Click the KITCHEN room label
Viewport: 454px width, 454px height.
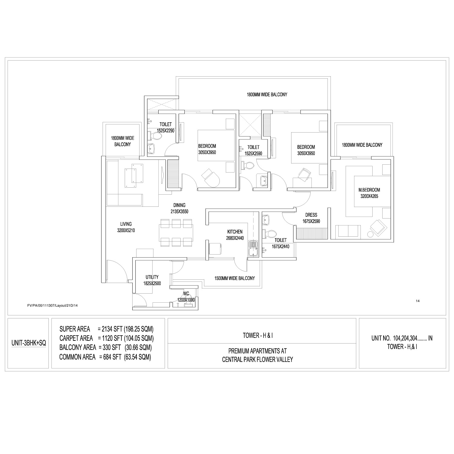[x=235, y=232]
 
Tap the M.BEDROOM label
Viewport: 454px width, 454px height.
[x=369, y=190]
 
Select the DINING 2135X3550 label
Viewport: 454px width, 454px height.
[x=179, y=208]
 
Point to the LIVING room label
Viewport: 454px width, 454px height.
[x=126, y=224]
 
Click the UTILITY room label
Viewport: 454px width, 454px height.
[x=152, y=277]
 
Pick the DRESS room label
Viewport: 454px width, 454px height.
[x=311, y=215]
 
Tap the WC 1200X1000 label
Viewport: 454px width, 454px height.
[x=186, y=297]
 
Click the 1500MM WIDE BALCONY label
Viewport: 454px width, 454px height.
[x=235, y=278]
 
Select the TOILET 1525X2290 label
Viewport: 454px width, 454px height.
[x=166, y=127]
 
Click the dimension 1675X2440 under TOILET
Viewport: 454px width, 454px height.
[x=281, y=247]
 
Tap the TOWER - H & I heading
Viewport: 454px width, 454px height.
[x=258, y=335]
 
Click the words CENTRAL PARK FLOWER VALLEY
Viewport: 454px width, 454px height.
[x=258, y=360]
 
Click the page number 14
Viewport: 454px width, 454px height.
[x=418, y=301]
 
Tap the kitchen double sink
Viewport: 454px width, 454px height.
[x=252, y=249]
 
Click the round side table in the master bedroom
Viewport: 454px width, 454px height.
[x=370, y=234]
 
